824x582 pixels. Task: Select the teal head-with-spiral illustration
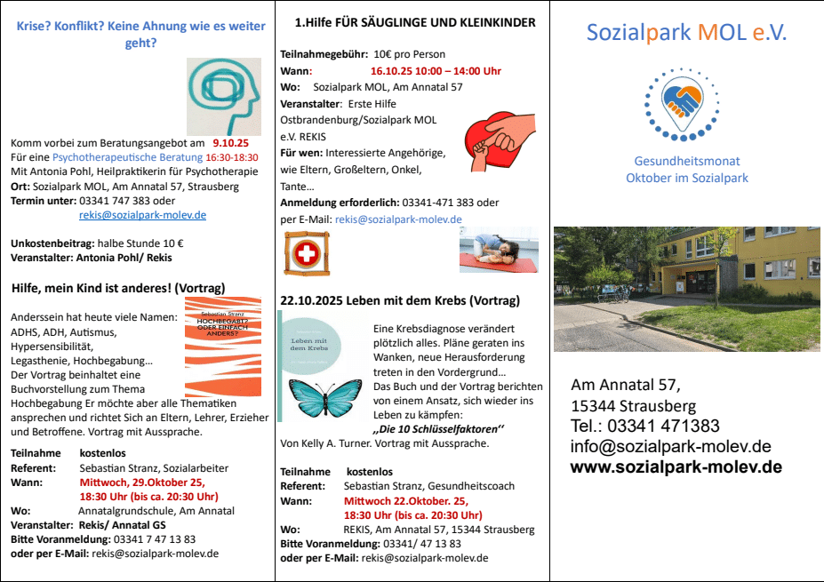[224, 96]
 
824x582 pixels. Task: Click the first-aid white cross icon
[306, 254]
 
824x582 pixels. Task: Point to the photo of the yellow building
[686, 275]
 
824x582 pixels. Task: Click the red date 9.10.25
[231, 142]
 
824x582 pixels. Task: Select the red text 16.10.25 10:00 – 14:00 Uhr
[436, 71]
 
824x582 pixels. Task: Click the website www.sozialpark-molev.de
[676, 467]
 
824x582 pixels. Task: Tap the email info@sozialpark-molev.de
[670, 446]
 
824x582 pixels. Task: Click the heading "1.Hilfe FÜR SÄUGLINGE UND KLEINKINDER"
[415, 22]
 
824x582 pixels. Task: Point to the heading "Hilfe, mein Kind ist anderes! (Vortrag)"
[118, 288]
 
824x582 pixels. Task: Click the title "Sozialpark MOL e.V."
[686, 33]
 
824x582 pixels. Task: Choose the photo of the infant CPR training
[499, 250]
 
